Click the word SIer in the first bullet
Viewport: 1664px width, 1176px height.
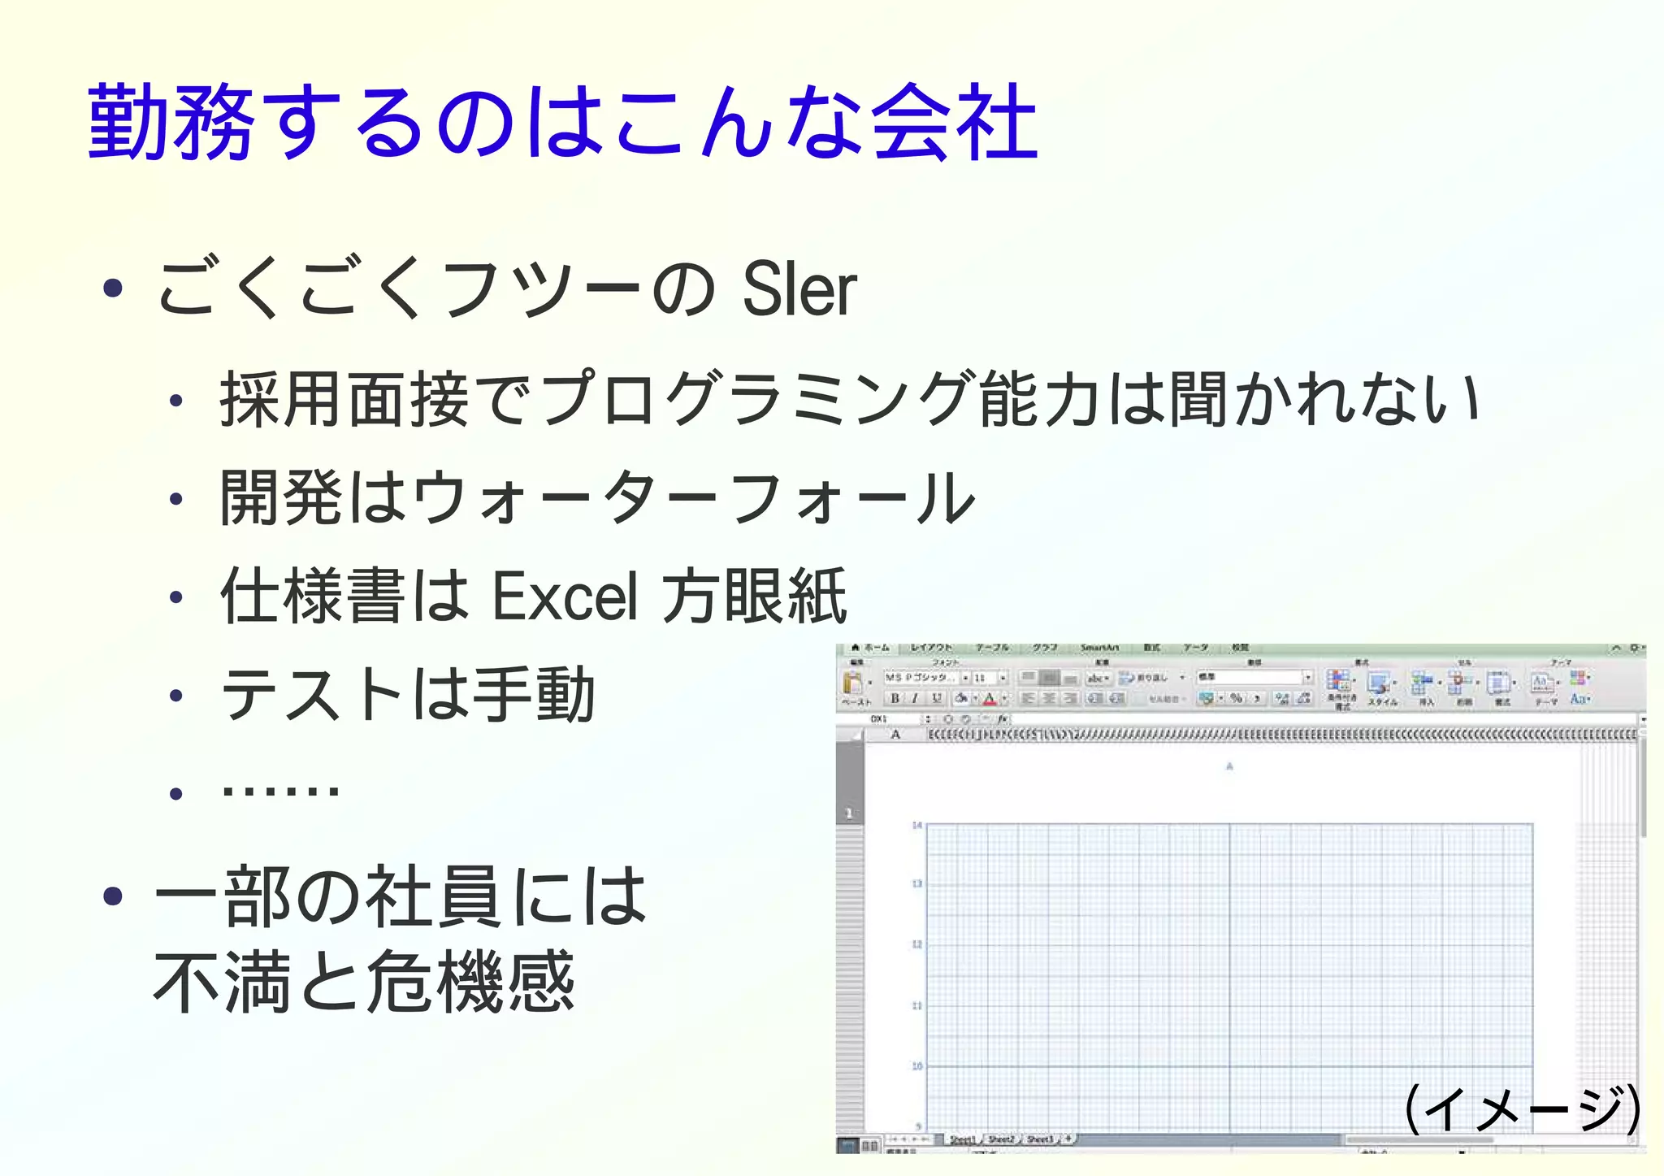pyautogui.click(x=799, y=289)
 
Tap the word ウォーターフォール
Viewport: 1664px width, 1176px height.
pyautogui.click(x=693, y=498)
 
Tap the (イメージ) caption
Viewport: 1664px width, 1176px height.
pyautogui.click(x=1523, y=1109)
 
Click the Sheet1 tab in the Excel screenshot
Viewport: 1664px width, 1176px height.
pyautogui.click(x=963, y=1139)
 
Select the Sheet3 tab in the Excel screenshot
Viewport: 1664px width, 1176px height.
pyautogui.click(x=1040, y=1139)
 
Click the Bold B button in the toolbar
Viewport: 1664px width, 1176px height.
pyautogui.click(x=895, y=698)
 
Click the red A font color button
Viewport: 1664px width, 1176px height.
pyautogui.click(x=989, y=698)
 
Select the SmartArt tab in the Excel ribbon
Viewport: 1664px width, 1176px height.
pyautogui.click(x=1098, y=648)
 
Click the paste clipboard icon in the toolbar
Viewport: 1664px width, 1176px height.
pyautogui.click(x=852, y=683)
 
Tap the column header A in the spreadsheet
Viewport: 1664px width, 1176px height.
pyautogui.click(x=895, y=734)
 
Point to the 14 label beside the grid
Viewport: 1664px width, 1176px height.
pyautogui.click(x=916, y=826)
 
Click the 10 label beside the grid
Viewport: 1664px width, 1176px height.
pyautogui.click(x=916, y=1065)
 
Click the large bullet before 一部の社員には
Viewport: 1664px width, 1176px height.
pyautogui.click(x=113, y=896)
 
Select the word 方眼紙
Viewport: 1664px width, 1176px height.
pyautogui.click(x=755, y=597)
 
